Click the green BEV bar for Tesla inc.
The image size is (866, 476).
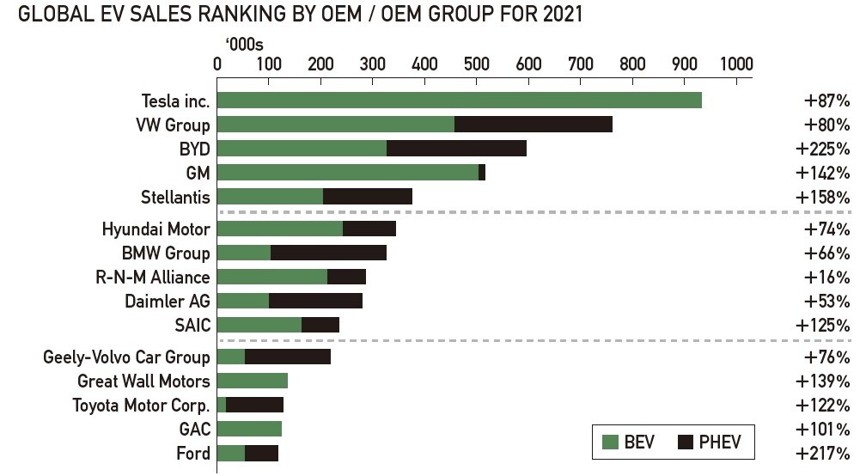pos(459,100)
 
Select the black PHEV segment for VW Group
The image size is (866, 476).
pos(533,125)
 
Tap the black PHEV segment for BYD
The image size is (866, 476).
pos(456,149)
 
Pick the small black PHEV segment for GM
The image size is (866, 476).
pos(482,173)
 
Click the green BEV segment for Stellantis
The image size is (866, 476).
pos(270,197)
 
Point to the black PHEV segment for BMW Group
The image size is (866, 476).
pos(328,253)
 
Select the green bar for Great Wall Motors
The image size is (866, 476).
pos(253,381)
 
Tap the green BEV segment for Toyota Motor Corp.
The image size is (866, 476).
pos(222,405)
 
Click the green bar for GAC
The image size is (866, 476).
pos(249,429)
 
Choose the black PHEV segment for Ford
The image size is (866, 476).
pos(261,453)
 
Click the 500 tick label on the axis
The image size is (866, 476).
pos(476,64)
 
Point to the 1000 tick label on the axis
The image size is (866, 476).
pos(735,64)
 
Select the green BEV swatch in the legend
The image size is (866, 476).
pos(611,443)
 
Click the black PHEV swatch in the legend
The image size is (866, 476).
pos(686,443)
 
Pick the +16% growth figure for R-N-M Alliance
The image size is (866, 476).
pos(826,278)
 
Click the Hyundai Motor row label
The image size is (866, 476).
pos(156,229)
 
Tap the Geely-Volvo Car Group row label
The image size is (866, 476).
pos(126,357)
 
